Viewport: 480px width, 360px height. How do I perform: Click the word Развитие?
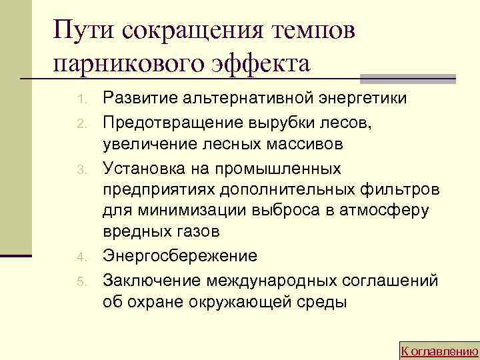pyautogui.click(x=136, y=99)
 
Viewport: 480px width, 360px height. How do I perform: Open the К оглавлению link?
pyautogui.click(x=439, y=350)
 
